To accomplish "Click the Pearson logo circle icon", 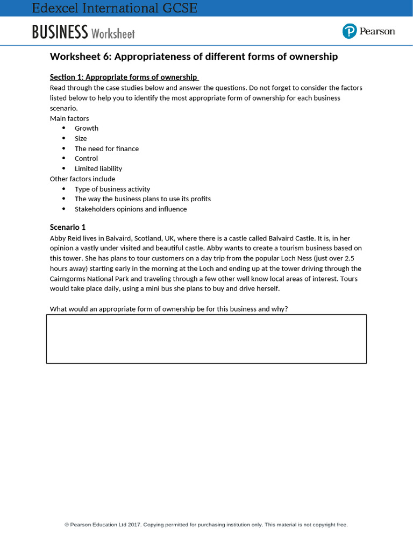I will tap(350, 31).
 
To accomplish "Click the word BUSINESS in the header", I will tap(60, 32).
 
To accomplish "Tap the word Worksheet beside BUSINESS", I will tap(113, 33).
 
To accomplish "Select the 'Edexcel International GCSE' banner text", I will tap(115, 8).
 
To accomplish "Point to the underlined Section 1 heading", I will tap(124, 77).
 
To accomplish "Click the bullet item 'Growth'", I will tap(87, 128).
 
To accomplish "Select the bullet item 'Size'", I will tap(81, 138).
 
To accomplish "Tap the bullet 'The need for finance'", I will tap(106, 149).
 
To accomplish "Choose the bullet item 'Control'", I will tap(86, 158).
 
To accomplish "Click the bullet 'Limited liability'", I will tap(98, 168).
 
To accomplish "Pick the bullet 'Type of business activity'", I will tap(112, 189).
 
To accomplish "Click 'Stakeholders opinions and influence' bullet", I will tap(131, 209).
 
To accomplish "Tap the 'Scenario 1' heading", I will tap(68, 227).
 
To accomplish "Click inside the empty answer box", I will tap(206, 339).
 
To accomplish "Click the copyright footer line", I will tap(206, 525).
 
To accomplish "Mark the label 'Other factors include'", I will tap(82, 179).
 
